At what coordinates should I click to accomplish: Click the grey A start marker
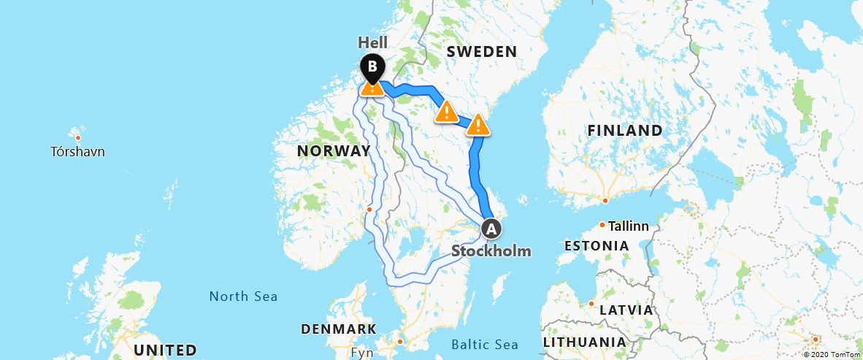(491, 229)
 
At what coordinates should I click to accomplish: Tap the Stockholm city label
(491, 251)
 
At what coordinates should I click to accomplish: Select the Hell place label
(372, 42)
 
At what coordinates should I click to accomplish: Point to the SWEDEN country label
(481, 52)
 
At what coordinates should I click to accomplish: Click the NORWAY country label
(334, 151)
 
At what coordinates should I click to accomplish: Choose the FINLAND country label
(626, 131)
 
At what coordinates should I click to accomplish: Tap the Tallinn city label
(629, 226)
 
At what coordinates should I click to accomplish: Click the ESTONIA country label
(597, 246)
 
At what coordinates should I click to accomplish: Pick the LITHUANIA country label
(584, 342)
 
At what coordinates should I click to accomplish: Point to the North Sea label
(243, 296)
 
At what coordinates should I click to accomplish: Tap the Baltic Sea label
(485, 345)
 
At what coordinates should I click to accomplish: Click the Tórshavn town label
(78, 152)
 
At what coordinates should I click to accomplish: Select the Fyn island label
(362, 352)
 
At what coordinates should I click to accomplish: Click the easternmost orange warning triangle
(477, 125)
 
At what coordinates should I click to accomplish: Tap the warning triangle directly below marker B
(372, 88)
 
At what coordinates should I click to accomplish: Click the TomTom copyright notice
(831, 354)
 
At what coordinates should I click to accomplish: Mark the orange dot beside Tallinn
(603, 225)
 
